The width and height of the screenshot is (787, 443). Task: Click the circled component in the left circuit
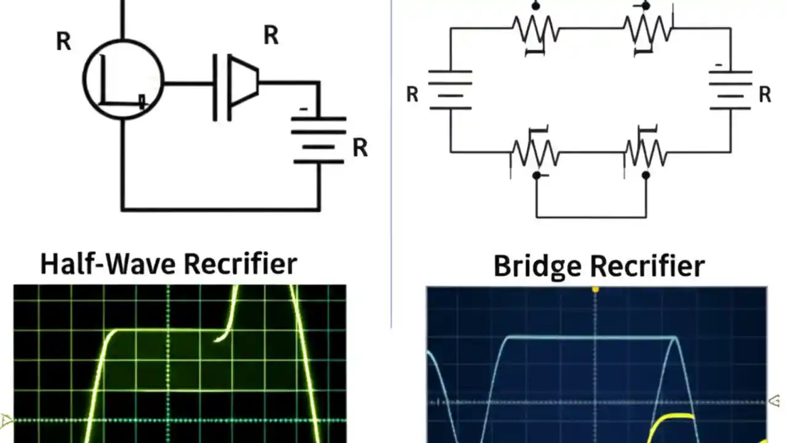pyautogui.click(x=123, y=79)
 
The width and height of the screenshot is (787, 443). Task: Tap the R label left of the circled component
pyautogui.click(x=63, y=42)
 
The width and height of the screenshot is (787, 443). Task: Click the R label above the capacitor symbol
pyautogui.click(x=271, y=36)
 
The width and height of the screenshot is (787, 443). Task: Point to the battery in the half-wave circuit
pyautogui.click(x=318, y=140)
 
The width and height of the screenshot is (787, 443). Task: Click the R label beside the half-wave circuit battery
pyautogui.click(x=360, y=148)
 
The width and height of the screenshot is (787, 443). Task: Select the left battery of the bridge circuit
pyautogui.click(x=450, y=90)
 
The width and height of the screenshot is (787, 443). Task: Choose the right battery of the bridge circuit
pyautogui.click(x=730, y=90)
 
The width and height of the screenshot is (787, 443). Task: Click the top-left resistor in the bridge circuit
pyautogui.click(x=536, y=29)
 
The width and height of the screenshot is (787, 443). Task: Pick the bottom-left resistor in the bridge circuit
pyautogui.click(x=536, y=152)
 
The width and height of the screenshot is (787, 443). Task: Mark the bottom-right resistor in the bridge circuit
pyautogui.click(x=646, y=152)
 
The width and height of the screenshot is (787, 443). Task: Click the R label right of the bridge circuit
pyautogui.click(x=765, y=95)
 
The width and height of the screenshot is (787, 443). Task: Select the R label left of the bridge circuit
pyautogui.click(x=412, y=95)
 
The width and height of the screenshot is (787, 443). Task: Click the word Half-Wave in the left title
pyautogui.click(x=109, y=264)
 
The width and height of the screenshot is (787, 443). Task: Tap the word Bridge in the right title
pyautogui.click(x=537, y=266)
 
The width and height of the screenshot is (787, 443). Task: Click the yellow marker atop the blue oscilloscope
pyautogui.click(x=595, y=289)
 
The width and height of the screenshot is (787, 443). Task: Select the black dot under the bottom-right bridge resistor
pyautogui.click(x=646, y=175)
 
